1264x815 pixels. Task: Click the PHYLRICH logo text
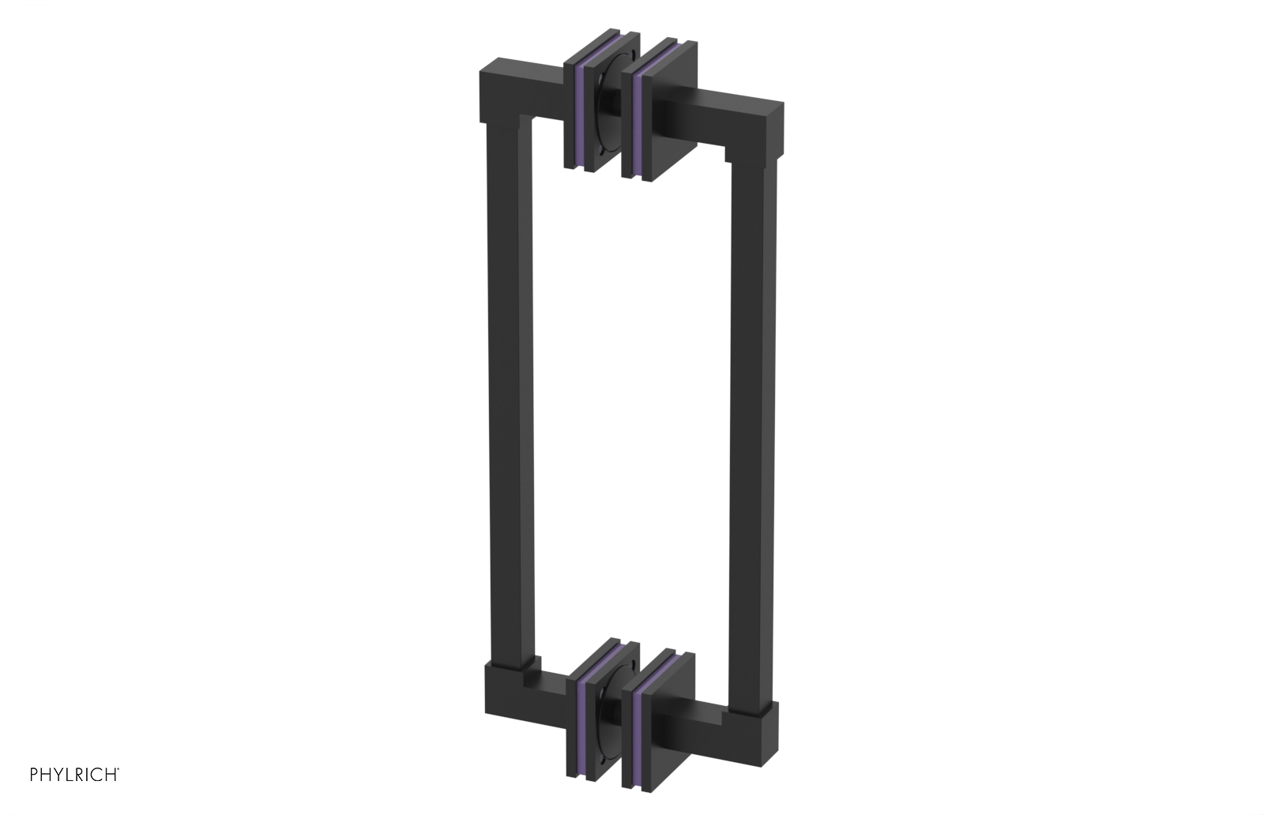click(74, 776)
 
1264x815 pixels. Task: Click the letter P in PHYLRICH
click(34, 776)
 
